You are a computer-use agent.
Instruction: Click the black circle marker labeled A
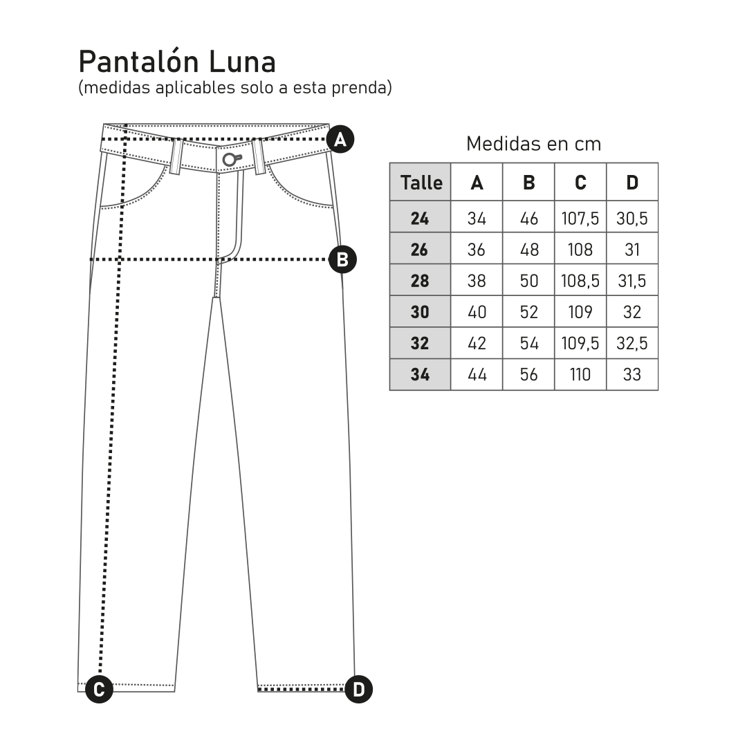[x=340, y=140]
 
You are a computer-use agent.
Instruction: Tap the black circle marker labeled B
[x=342, y=260]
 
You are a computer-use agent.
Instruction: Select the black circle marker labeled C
[x=99, y=689]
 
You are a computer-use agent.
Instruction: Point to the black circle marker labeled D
[x=359, y=689]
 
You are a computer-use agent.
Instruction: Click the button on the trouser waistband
[x=230, y=160]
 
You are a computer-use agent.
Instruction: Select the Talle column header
[x=421, y=183]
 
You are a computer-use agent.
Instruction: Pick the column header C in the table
[x=580, y=183]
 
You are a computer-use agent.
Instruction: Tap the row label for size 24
[x=420, y=219]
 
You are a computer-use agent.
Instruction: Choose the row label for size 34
[x=420, y=375]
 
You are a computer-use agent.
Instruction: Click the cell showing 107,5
[x=580, y=219]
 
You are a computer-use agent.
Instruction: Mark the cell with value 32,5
[x=632, y=344]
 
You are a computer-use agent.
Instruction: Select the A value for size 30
[x=477, y=313]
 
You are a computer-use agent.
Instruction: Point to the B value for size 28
[x=528, y=282]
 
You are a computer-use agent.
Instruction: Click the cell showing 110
[x=580, y=375]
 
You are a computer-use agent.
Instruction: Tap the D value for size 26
[x=632, y=250]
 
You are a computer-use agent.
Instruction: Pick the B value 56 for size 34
[x=528, y=375]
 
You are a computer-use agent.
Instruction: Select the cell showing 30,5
[x=632, y=219]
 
